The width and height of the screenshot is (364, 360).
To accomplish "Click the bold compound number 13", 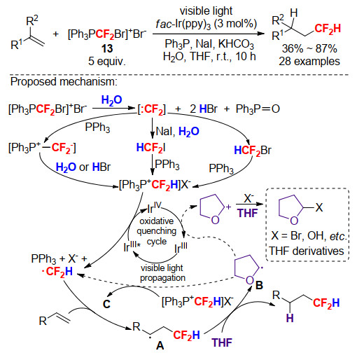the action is point(107,48).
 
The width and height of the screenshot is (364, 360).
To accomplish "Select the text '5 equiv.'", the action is point(107,61).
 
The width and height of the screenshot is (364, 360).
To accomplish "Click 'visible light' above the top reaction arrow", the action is point(206,11).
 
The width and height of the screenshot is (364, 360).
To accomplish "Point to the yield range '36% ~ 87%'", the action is point(309,48).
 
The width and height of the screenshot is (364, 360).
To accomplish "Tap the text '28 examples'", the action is point(309,61).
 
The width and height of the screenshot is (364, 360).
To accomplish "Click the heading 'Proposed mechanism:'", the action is point(64,82).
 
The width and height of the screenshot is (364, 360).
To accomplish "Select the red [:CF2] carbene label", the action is point(152,109).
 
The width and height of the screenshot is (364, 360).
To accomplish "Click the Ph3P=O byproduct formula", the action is point(258,109).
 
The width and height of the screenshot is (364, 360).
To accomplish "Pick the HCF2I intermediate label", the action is point(150,148).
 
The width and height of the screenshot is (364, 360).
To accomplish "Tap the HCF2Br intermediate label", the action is point(253,150).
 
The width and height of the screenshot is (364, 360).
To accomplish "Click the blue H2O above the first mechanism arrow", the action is point(111,100).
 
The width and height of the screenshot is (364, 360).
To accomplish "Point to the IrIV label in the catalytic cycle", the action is point(154,207).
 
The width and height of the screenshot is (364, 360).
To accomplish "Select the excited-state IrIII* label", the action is point(132,247).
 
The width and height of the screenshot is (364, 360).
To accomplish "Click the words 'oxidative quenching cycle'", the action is point(157,231).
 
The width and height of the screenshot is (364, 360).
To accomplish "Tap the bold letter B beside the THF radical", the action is point(259,285).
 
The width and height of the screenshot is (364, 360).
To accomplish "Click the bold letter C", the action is point(106,304).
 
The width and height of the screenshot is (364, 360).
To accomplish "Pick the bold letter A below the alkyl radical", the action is point(160,345).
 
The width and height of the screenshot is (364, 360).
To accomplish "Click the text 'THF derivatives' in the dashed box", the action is point(307,251).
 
